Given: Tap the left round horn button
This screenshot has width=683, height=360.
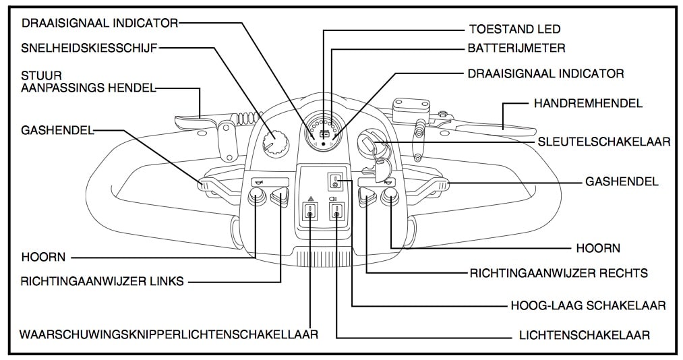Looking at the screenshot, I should [256, 196].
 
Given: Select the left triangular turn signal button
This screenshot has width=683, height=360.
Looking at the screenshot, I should [278, 196].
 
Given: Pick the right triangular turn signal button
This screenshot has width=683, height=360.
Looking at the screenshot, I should [367, 196].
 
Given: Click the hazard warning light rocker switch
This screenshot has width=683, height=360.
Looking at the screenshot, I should [309, 214].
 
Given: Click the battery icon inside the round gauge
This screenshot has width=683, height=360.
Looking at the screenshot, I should [324, 134].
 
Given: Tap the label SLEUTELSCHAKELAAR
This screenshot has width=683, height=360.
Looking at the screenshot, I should [603, 142].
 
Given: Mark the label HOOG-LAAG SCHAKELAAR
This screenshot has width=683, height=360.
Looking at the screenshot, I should [589, 305].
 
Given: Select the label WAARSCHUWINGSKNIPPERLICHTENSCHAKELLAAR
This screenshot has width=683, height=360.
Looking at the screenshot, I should [169, 334].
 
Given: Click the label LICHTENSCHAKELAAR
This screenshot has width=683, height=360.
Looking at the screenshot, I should [584, 335].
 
